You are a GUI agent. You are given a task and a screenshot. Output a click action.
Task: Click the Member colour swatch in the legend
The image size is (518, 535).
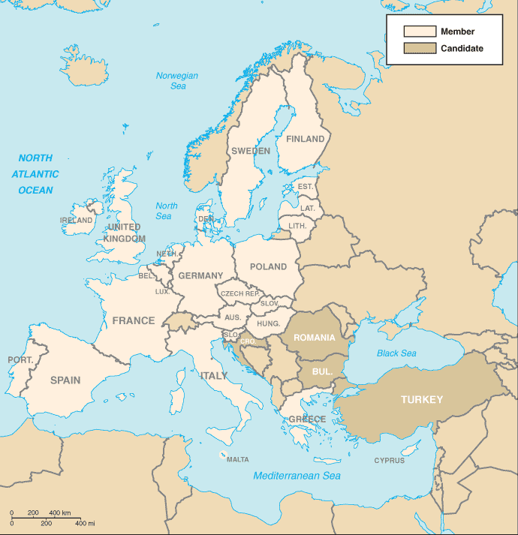(x=420, y=32)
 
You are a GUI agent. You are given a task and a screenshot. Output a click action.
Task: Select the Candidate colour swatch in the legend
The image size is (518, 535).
(x=420, y=48)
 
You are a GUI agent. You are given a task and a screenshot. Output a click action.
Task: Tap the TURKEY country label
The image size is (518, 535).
(x=422, y=399)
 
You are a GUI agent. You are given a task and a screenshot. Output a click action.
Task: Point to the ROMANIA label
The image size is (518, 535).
(x=315, y=338)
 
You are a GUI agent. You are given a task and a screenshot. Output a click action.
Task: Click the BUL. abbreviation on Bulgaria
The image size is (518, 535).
(x=322, y=371)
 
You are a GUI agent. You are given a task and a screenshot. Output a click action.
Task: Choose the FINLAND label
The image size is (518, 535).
(x=306, y=139)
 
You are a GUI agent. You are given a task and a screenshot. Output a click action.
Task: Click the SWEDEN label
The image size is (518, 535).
(x=251, y=151)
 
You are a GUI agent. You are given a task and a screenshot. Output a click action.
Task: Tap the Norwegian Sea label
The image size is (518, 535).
(x=177, y=81)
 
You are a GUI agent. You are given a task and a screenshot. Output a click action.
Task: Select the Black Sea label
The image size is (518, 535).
(x=396, y=353)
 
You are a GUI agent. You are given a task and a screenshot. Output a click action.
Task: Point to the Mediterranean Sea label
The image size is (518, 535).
(x=297, y=476)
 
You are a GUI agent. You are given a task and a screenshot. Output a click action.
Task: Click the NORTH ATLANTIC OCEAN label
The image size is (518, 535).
(x=36, y=174)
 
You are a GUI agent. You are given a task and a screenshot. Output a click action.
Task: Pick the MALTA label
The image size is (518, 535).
(x=238, y=459)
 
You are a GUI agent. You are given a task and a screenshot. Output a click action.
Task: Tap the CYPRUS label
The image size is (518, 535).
(x=390, y=461)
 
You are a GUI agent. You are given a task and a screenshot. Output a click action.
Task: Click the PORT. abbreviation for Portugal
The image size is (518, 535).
(x=20, y=360)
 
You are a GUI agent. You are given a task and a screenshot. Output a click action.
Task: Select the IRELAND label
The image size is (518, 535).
(x=77, y=221)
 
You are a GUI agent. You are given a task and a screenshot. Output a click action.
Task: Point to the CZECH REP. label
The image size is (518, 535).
(x=240, y=293)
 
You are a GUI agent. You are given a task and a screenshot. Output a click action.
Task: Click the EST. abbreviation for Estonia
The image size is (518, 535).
(x=306, y=186)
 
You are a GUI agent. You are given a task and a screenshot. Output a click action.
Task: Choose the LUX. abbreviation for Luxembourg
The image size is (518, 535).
(x=162, y=291)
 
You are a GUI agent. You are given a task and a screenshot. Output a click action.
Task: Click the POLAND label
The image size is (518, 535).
(x=268, y=266)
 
